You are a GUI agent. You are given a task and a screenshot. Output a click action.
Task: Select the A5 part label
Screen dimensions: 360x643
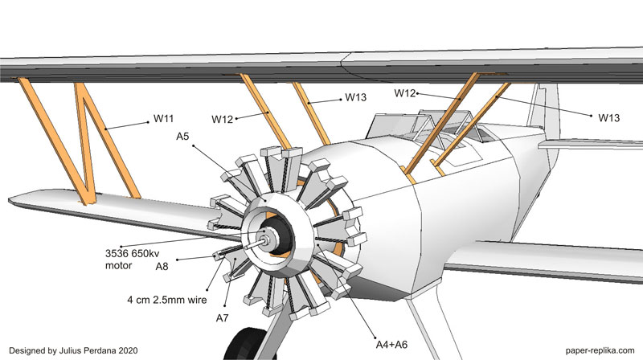tap(182, 137)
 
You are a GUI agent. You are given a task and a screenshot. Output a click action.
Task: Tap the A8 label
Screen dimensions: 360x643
tap(162, 265)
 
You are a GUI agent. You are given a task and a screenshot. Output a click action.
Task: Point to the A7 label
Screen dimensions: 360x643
tap(223, 319)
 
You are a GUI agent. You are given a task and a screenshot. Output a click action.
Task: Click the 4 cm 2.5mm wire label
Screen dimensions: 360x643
tap(166, 301)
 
